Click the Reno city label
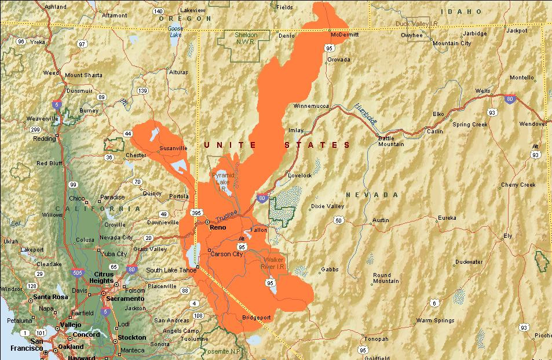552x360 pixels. [217, 227]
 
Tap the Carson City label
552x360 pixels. [226, 254]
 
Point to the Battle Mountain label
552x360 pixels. [391, 141]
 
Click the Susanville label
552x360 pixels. [173, 148]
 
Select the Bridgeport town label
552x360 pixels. [257, 317]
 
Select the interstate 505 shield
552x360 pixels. [78, 271]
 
